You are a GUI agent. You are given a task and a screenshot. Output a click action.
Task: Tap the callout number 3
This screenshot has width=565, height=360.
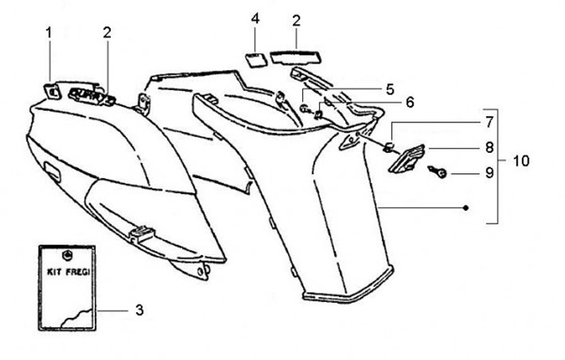point(139,311)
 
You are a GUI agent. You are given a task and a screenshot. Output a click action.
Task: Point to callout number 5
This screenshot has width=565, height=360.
point(390,89)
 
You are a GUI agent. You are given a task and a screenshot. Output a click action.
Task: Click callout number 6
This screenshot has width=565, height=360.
point(409,102)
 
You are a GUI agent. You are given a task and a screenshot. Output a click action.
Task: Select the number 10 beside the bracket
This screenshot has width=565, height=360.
point(520,161)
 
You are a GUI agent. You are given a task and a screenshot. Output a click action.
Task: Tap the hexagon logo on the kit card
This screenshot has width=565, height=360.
point(67,255)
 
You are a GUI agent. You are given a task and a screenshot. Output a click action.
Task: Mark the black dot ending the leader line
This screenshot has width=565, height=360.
point(466,208)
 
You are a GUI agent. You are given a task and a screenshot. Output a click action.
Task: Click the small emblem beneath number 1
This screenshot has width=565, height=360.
point(53,91)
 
